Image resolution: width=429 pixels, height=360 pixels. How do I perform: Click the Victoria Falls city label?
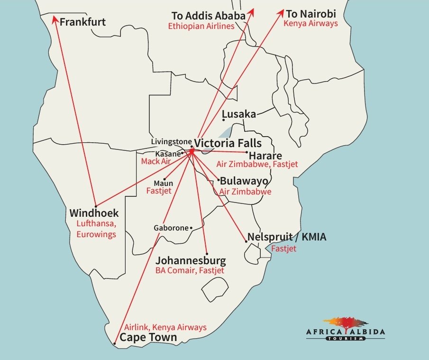pyautogui.click(x=228, y=142)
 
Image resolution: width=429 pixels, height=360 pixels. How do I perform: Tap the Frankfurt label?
pyautogui.click(x=82, y=22)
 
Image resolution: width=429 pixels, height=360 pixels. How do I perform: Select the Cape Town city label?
pyautogui.click(x=148, y=338)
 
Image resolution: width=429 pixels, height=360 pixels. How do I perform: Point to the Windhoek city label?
pyautogui.click(x=94, y=213)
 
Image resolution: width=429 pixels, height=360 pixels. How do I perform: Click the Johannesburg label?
pyautogui.click(x=191, y=261)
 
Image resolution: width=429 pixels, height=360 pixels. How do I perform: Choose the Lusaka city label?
pyautogui.click(x=239, y=114)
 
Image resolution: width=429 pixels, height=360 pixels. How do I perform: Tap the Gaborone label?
pyautogui.click(x=171, y=228)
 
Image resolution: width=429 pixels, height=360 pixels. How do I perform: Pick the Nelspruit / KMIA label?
pyautogui.click(x=287, y=237)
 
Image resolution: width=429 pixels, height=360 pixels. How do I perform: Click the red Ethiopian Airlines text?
pyautogui.click(x=201, y=27)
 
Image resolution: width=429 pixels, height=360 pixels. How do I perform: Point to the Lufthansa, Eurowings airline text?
pyautogui.click(x=97, y=229)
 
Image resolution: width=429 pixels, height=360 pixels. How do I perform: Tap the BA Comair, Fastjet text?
pyautogui.click(x=190, y=271)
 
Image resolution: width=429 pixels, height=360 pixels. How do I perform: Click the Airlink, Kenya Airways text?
pyautogui.click(x=165, y=327)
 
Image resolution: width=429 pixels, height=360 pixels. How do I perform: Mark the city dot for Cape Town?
pyautogui.click(x=115, y=342)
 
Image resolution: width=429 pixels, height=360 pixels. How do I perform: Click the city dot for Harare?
pyautogui.click(x=247, y=152)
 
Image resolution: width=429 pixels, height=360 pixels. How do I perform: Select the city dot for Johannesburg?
pyautogui.click(x=207, y=253)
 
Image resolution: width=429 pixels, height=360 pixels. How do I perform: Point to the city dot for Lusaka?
pyautogui.click(x=224, y=120)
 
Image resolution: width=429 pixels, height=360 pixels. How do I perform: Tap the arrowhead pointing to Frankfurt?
pyautogui.click(x=55, y=20)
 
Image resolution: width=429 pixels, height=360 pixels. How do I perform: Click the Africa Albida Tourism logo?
pyautogui.click(x=354, y=328)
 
